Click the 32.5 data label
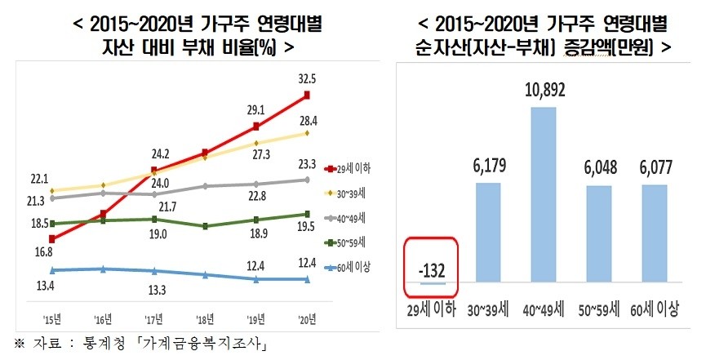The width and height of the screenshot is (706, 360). click(308, 80)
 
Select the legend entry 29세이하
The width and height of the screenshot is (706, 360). click(347, 168)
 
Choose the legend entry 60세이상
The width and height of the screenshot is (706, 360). click(347, 267)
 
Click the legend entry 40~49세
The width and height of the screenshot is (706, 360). click(347, 217)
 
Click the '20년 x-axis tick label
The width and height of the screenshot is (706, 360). click(307, 318)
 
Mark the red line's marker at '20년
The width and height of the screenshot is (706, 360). click(307, 96)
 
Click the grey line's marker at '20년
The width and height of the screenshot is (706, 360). click(307, 180)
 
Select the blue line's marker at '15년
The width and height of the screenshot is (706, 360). click(52, 269)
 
